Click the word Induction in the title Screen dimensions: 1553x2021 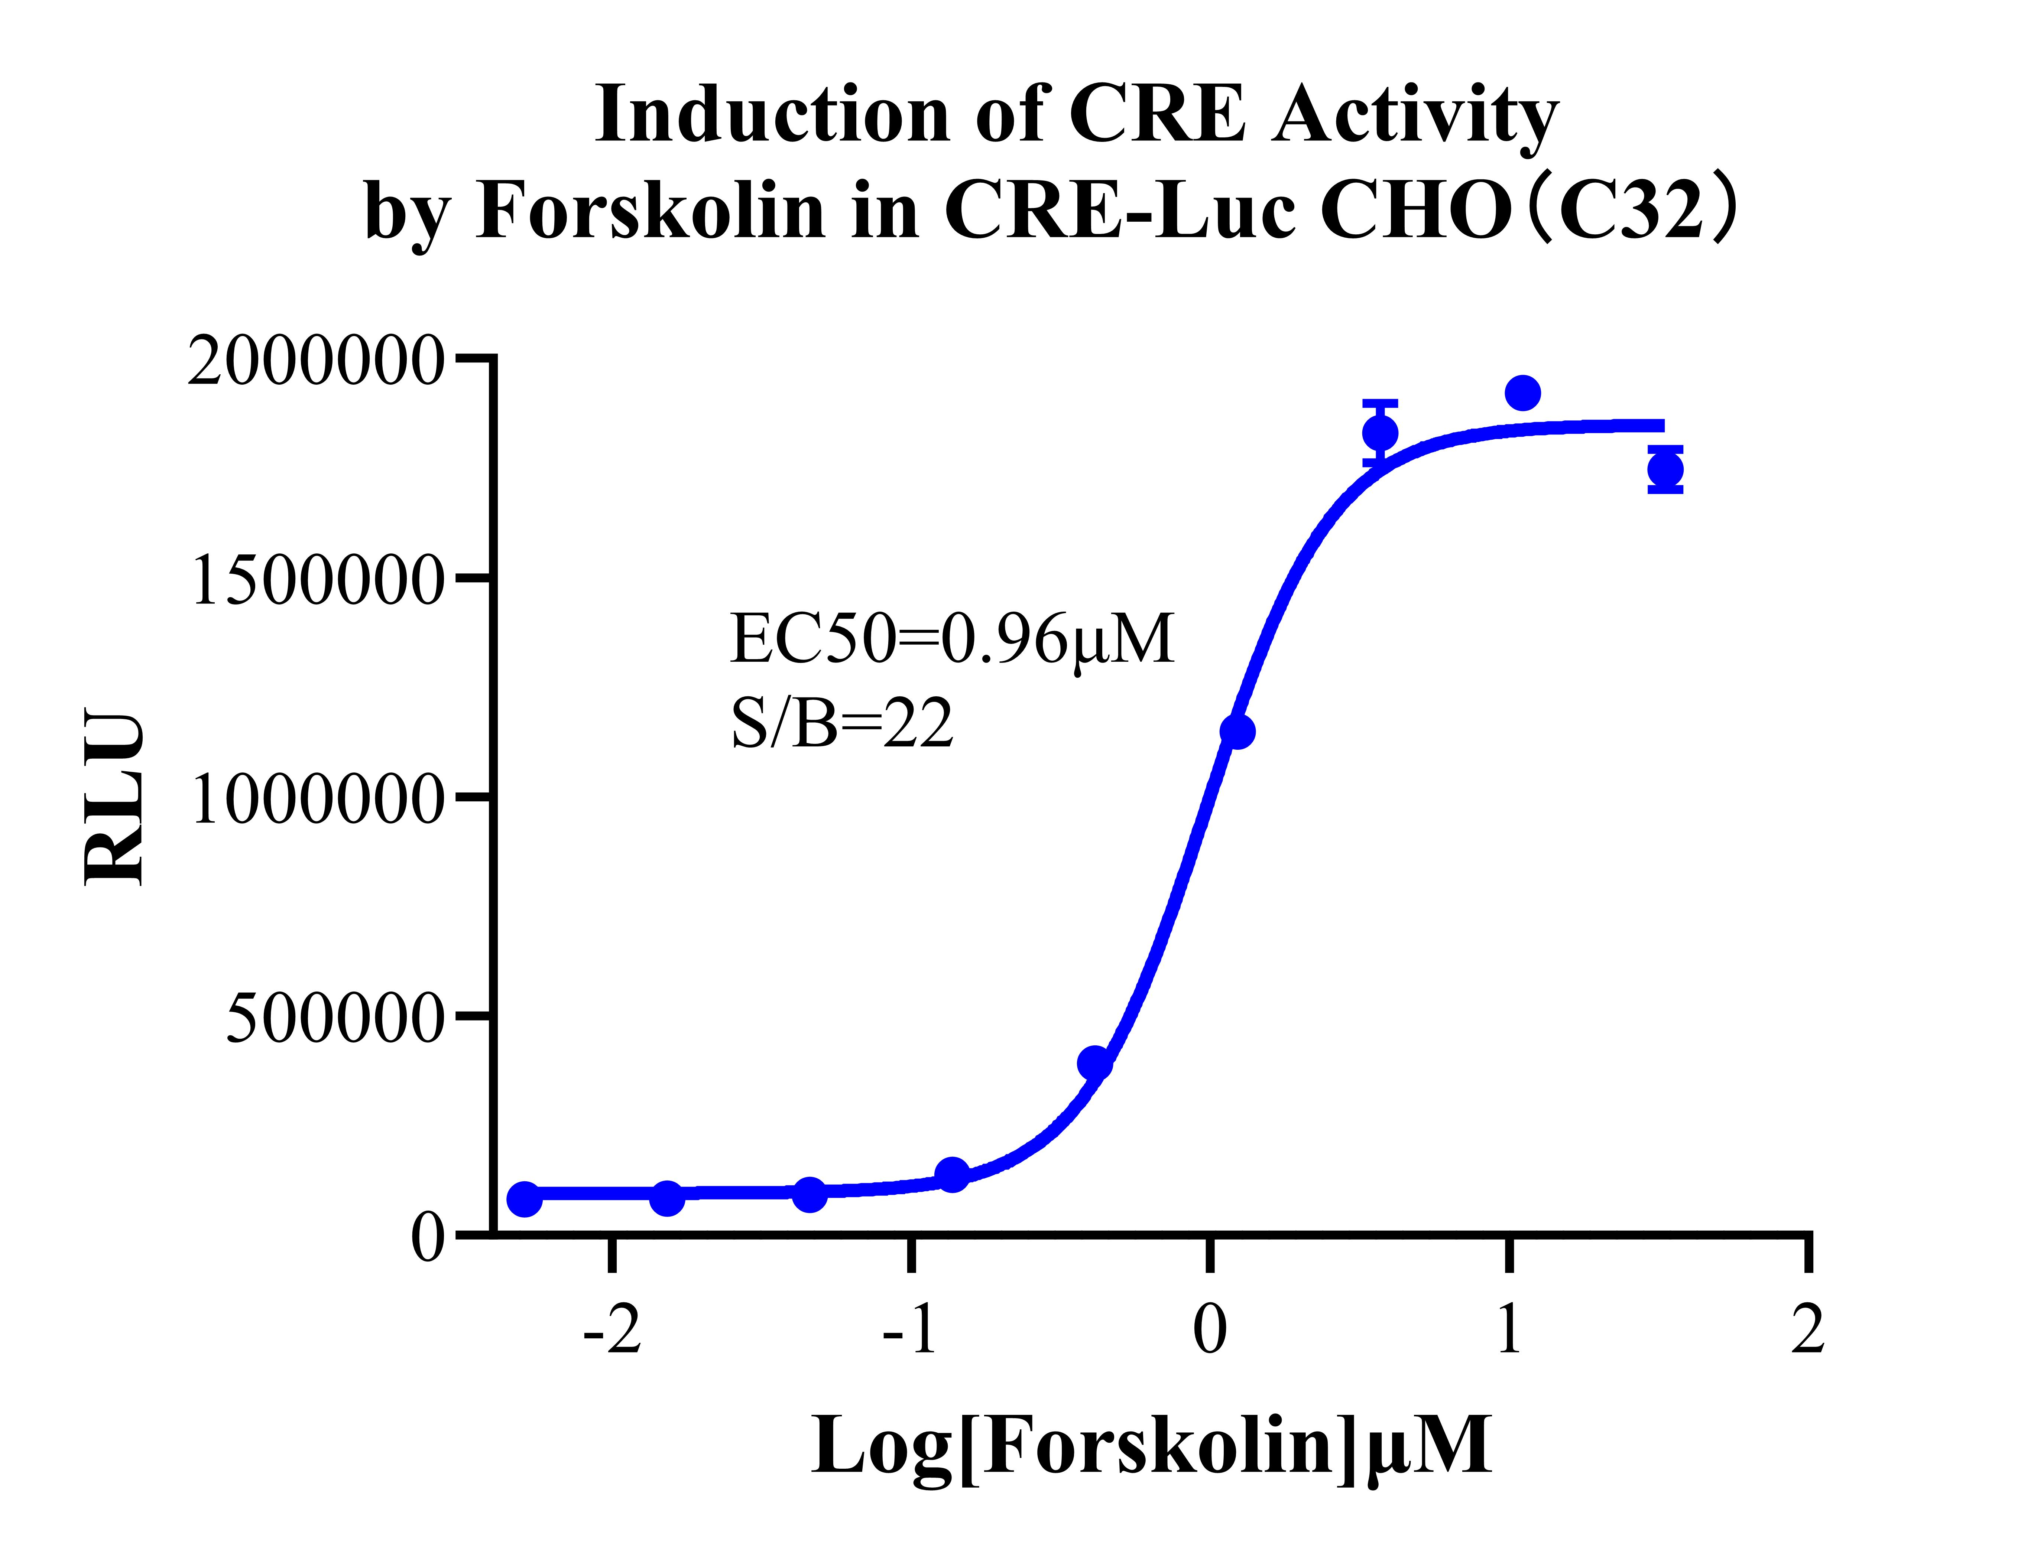click(772, 115)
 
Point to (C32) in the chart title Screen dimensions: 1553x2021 click(1632, 211)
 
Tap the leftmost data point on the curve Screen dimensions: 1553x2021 click(524, 1199)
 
